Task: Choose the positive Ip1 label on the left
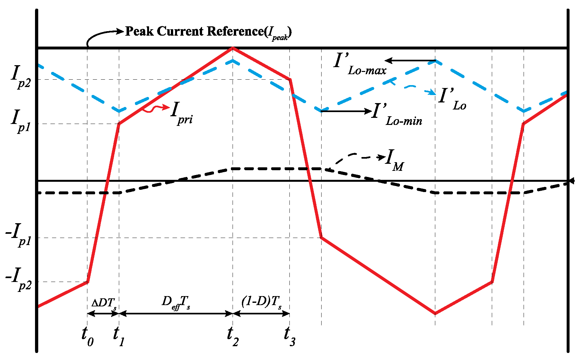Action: pyautogui.click(x=21, y=121)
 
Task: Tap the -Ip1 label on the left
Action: pyautogui.click(x=19, y=235)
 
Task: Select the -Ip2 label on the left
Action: pyautogui.click(x=19, y=279)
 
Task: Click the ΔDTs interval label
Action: pyautogui.click(x=104, y=303)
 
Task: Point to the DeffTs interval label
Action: pyautogui.click(x=176, y=303)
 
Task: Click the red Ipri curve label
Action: pyautogui.click(x=181, y=113)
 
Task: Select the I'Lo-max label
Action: pyautogui.click(x=360, y=64)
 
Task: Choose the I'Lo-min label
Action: pyautogui.click(x=397, y=115)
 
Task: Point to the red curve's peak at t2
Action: pyautogui.click(x=233, y=48)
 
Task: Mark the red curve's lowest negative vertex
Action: pyautogui.click(x=435, y=313)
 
